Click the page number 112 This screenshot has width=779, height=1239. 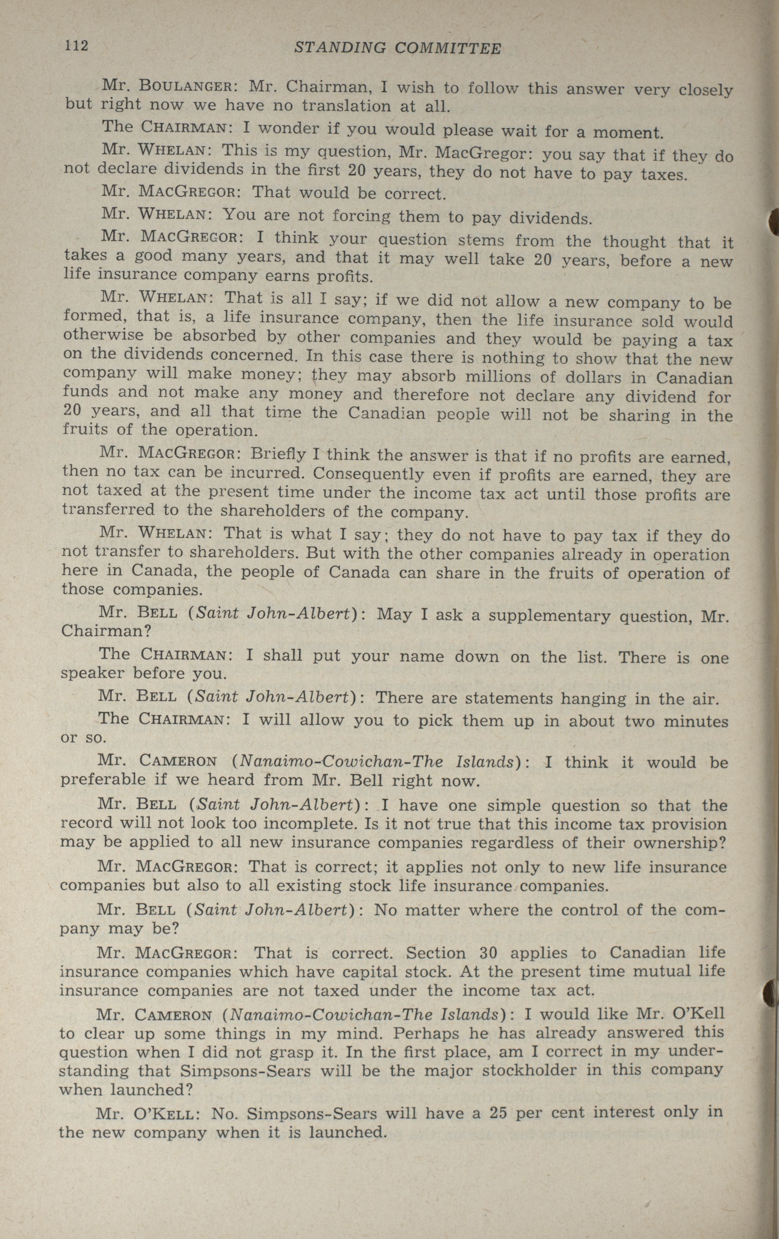(x=77, y=46)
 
